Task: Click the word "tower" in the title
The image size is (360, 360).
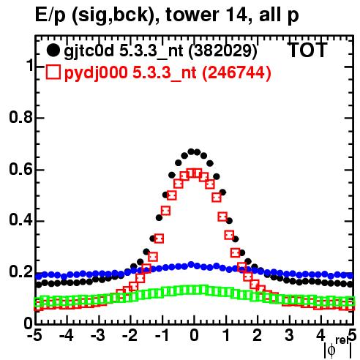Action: (192, 15)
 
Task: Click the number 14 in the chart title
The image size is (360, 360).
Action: (235, 15)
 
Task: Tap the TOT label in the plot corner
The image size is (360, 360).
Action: (307, 50)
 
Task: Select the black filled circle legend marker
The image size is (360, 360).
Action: (53, 50)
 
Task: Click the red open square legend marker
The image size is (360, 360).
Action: (53, 72)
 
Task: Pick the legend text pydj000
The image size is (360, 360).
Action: (96, 73)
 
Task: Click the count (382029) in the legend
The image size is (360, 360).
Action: (223, 51)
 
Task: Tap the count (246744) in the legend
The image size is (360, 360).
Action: (237, 72)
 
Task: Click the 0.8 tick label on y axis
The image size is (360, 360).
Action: (21, 118)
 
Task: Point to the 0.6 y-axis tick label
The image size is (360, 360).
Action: (21, 169)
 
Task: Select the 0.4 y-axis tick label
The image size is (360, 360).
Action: (21, 221)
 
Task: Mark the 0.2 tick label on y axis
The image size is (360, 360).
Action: (21, 271)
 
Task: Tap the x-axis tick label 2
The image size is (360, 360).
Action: (258, 336)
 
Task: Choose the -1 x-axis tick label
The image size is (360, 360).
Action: (162, 336)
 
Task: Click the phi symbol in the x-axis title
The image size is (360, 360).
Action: (331, 350)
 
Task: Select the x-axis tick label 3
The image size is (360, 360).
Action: (289, 336)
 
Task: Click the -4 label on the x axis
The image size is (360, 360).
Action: (67, 336)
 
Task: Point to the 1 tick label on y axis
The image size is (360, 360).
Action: (30, 66)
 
